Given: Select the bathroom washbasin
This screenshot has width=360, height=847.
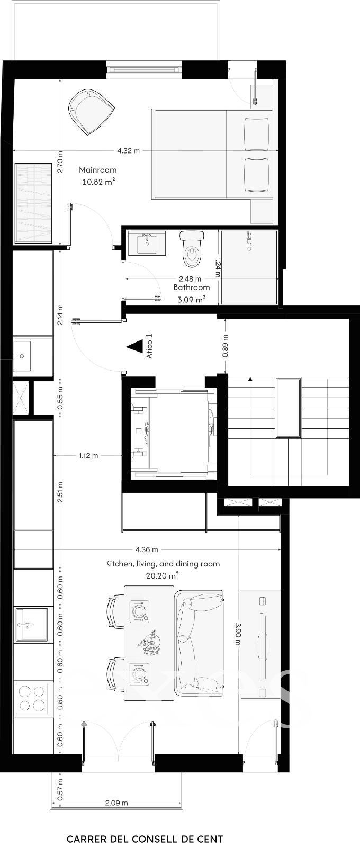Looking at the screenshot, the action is click(x=147, y=243).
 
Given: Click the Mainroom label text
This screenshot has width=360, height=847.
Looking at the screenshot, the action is click(x=97, y=170).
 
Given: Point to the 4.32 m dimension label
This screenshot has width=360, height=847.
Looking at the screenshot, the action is click(x=128, y=150).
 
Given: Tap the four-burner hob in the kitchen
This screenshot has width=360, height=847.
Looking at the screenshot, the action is click(x=32, y=698).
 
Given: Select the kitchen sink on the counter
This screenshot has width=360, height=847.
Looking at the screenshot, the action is click(x=31, y=624).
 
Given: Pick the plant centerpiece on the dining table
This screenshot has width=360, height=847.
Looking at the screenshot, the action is click(x=150, y=643).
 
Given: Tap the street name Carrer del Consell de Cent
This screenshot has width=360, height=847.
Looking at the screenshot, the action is click(x=145, y=836).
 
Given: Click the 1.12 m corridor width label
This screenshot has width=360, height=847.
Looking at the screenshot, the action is click(x=88, y=455).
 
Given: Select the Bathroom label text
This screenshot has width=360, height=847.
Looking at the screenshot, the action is click(x=191, y=287).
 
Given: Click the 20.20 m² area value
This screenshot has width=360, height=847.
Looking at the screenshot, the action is click(x=162, y=575).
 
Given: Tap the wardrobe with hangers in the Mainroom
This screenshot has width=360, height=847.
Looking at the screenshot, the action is click(x=33, y=203).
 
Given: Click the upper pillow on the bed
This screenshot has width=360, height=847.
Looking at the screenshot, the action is click(x=257, y=130).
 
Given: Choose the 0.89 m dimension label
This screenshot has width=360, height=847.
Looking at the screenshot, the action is click(x=226, y=346).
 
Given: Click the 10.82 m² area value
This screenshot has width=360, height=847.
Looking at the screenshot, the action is click(x=98, y=182).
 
